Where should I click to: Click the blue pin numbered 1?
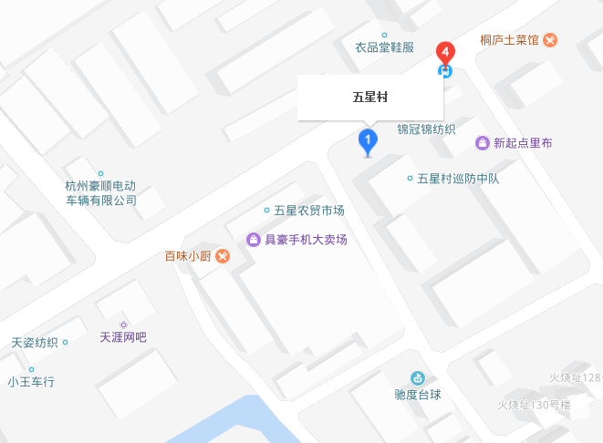(367, 141)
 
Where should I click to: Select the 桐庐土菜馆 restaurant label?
(511, 40)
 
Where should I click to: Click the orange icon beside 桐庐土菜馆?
(551, 40)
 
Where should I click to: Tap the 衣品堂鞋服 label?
(384, 47)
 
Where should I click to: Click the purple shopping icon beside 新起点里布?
(482, 143)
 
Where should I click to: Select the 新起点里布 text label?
(523, 143)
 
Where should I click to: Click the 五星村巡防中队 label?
(458, 179)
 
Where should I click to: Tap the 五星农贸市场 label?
(309, 211)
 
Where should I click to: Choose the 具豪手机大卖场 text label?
(306, 240)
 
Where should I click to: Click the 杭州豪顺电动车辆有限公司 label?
(100, 193)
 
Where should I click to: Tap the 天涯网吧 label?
(123, 337)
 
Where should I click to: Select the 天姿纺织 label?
(35, 344)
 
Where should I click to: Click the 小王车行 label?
(31, 382)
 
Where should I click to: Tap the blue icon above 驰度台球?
(417, 378)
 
